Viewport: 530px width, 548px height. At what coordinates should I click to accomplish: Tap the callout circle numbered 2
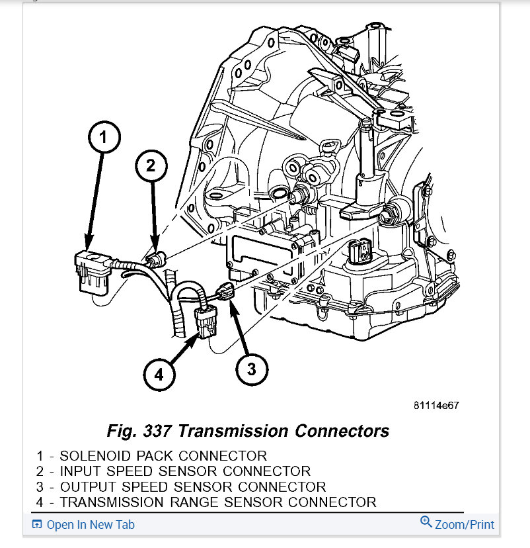pos(151,167)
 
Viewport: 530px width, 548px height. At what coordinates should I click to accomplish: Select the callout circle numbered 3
pos(252,369)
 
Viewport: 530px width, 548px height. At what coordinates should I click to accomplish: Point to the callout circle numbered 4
pos(159,375)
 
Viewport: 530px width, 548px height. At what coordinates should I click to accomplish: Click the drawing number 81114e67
pos(436,405)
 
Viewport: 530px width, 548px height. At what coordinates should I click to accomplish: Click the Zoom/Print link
pos(464,525)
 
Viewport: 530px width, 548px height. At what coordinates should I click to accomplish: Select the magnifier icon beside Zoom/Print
pos(426,524)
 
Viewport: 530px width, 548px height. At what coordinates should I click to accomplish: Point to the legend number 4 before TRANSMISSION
pos(40,502)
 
